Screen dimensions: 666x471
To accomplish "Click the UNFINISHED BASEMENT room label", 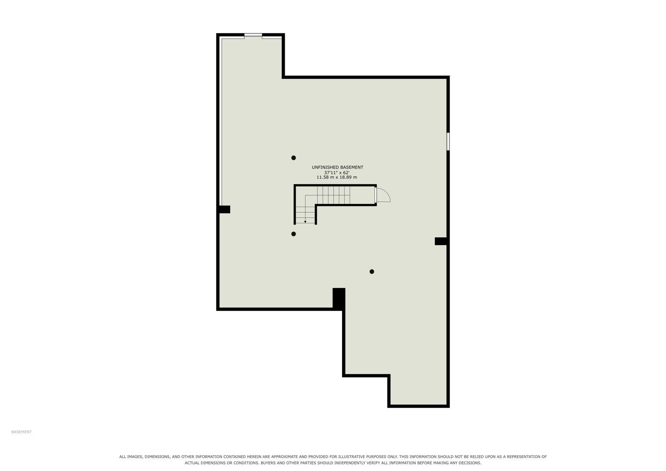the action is (x=337, y=167).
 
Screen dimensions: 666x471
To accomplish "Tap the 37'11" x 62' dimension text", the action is (x=336, y=172).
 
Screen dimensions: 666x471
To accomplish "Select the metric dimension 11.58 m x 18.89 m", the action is (x=336, y=177).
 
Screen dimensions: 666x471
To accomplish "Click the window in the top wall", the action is (x=253, y=35).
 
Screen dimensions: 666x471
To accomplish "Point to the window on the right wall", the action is (x=448, y=141).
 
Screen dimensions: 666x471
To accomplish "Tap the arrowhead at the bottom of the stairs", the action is (x=305, y=222).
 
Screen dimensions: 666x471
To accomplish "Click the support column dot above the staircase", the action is (x=293, y=158).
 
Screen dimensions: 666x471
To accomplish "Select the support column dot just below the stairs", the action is (x=293, y=234).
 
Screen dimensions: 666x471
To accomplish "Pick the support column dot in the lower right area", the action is (x=372, y=272).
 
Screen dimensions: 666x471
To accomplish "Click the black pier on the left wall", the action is (x=224, y=209).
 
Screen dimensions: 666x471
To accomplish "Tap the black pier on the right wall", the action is (x=441, y=241).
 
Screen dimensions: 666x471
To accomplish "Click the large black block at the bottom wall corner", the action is (x=339, y=298).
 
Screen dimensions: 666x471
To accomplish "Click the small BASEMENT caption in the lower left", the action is (x=22, y=432).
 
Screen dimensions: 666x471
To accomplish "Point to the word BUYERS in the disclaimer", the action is (x=268, y=463).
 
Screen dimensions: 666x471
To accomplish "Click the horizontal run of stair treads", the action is (x=334, y=195).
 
